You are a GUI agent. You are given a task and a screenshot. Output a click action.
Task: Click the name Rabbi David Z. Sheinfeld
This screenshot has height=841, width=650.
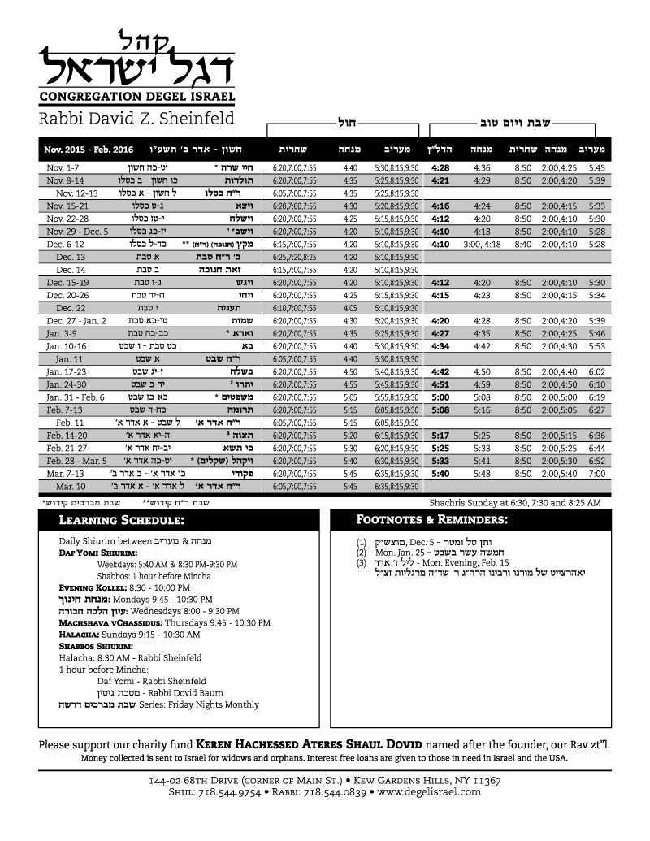coord(136,119)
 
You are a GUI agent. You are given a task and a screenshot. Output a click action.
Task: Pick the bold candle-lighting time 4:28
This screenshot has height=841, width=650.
coord(440,167)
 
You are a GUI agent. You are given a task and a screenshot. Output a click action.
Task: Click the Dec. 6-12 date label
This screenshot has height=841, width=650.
coord(65,244)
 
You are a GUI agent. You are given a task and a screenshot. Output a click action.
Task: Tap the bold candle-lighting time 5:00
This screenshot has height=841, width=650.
coord(440,397)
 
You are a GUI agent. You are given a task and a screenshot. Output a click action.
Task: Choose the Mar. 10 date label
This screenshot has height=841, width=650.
coord(71,487)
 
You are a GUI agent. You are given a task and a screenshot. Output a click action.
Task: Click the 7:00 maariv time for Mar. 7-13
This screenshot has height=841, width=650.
coord(597,474)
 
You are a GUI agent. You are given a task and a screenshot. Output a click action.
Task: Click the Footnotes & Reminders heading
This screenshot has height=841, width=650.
coord(432,520)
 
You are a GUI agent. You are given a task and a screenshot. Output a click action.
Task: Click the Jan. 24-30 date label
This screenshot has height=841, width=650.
coord(65,384)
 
